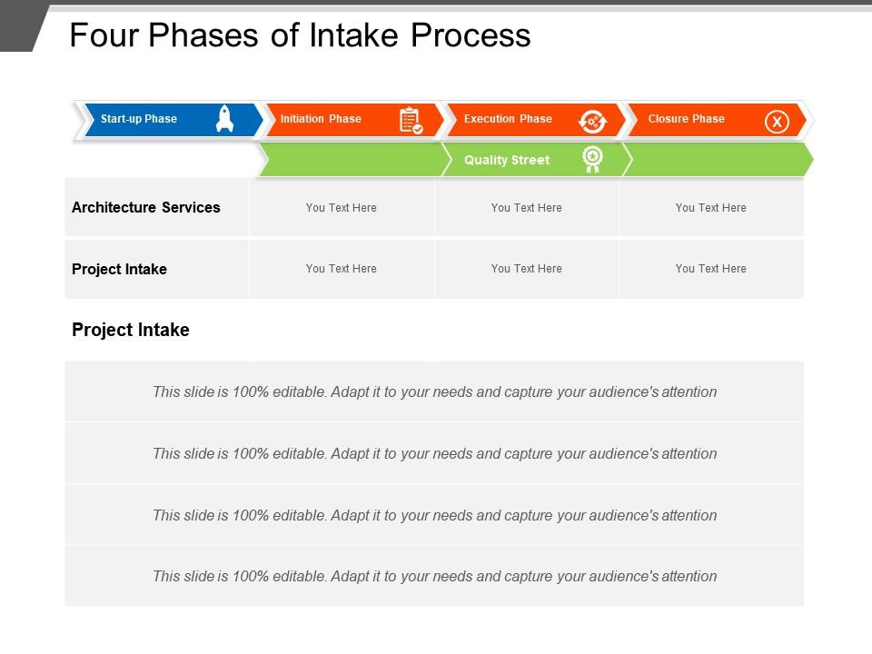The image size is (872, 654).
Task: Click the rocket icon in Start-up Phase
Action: tap(224, 119)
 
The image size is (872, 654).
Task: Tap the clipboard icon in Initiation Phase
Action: tap(411, 120)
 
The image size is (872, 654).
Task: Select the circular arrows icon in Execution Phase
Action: tap(592, 121)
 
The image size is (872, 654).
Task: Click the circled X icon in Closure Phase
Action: tap(777, 121)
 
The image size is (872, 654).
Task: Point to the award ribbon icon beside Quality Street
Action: tap(592, 160)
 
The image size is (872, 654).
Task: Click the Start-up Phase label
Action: tap(139, 119)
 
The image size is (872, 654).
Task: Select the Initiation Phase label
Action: tap(321, 119)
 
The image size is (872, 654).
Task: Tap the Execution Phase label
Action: tap(508, 119)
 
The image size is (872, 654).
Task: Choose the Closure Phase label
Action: tap(686, 119)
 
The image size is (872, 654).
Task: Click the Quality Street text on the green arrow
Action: tap(507, 160)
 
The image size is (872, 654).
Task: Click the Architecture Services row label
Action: tap(146, 207)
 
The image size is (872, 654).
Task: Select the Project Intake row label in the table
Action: tap(119, 269)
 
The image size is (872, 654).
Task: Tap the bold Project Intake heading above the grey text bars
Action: tap(131, 330)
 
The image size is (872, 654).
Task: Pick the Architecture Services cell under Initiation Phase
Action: tap(342, 208)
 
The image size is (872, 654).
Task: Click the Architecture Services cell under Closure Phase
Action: tap(710, 208)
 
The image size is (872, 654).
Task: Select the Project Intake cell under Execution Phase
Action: tap(526, 269)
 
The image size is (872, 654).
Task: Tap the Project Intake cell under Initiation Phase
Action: tap(342, 269)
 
